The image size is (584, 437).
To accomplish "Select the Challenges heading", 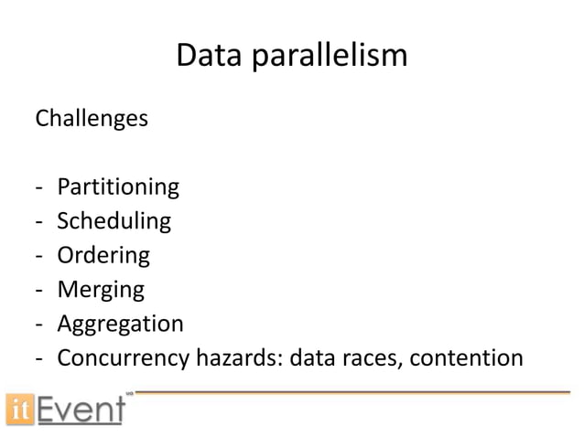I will click(91, 120).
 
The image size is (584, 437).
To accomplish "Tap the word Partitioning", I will click(118, 188).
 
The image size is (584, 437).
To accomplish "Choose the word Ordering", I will click(103, 256).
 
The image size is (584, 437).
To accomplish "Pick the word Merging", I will click(101, 291).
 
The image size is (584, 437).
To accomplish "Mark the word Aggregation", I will click(120, 325).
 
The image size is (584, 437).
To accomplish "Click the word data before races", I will click(310, 357).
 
